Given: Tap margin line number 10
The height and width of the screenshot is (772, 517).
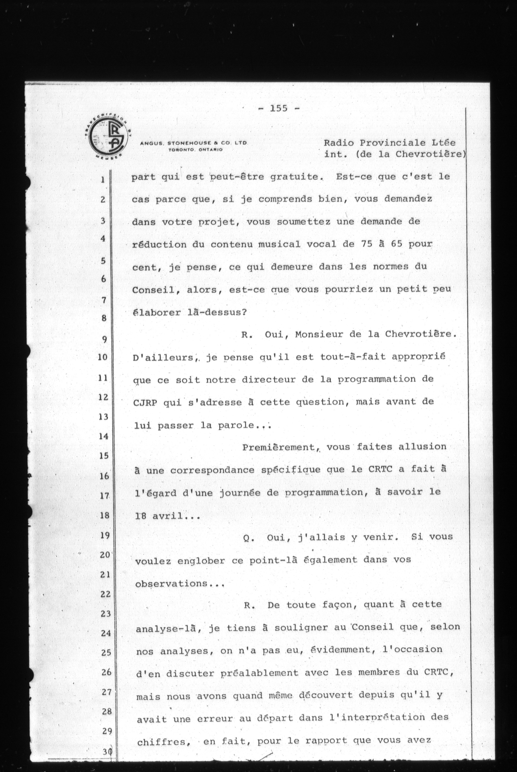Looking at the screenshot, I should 103,357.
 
